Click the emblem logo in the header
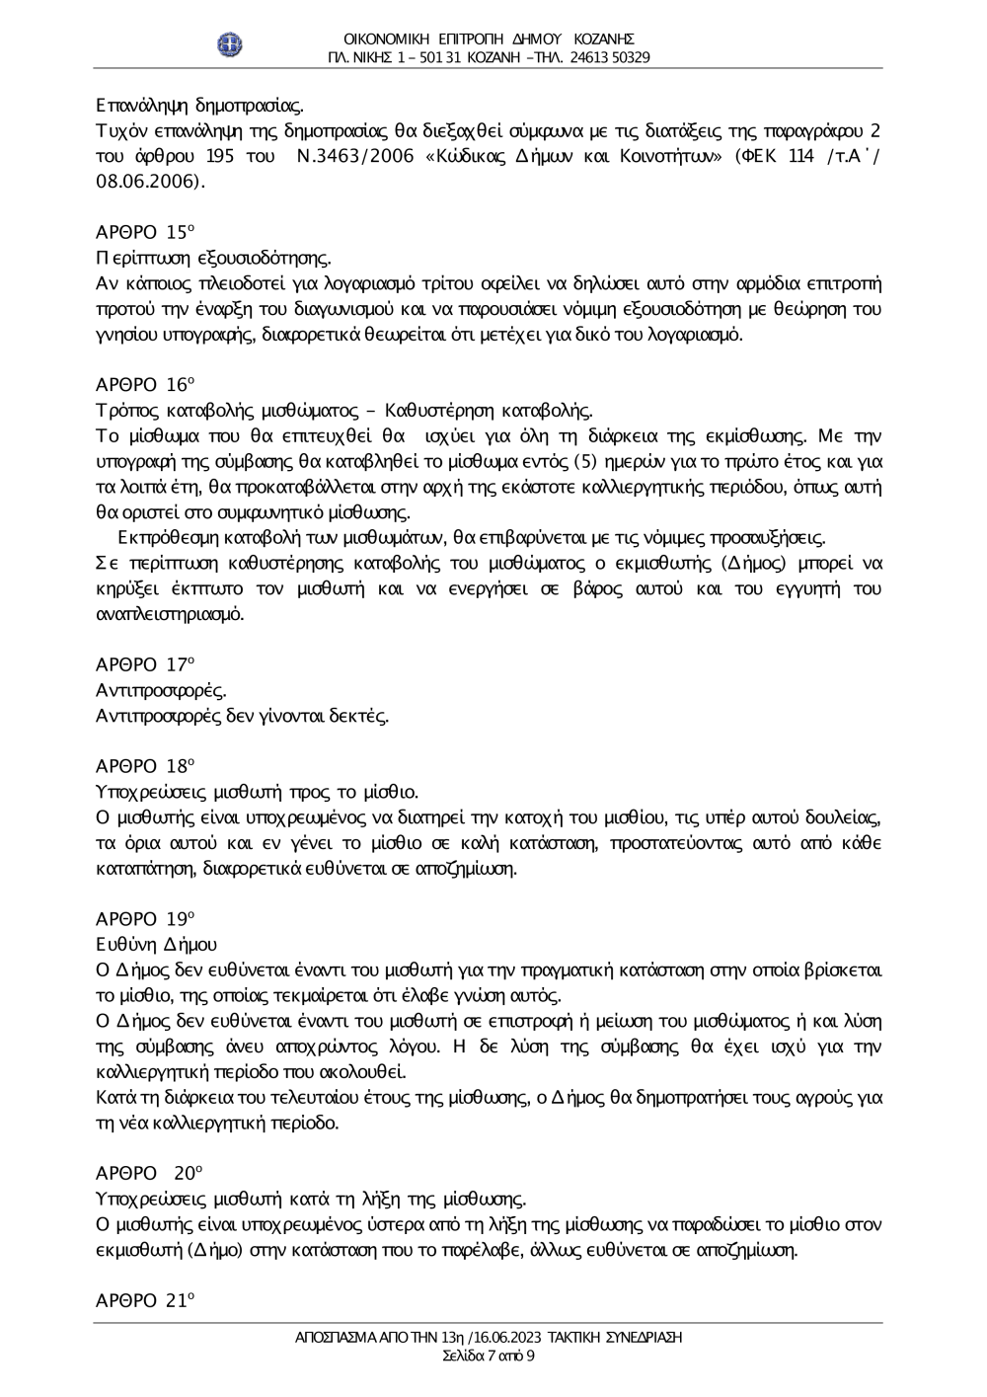[x=231, y=44]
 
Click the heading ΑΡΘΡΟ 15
[x=144, y=233]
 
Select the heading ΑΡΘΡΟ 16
[x=144, y=384]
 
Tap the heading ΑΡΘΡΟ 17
[x=144, y=663]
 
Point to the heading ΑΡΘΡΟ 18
[x=144, y=765]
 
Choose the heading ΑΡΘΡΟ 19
[x=144, y=918]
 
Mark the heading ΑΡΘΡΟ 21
[x=144, y=1300]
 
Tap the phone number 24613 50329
[x=609, y=57]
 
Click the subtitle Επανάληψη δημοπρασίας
[x=199, y=105]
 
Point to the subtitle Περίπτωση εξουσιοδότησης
[x=212, y=259]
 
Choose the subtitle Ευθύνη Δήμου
[x=156, y=944]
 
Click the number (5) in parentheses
[x=587, y=461]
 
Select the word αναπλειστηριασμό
[x=169, y=613]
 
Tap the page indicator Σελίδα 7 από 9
[x=490, y=1356]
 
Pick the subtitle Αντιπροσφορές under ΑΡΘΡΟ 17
[x=160, y=689]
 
